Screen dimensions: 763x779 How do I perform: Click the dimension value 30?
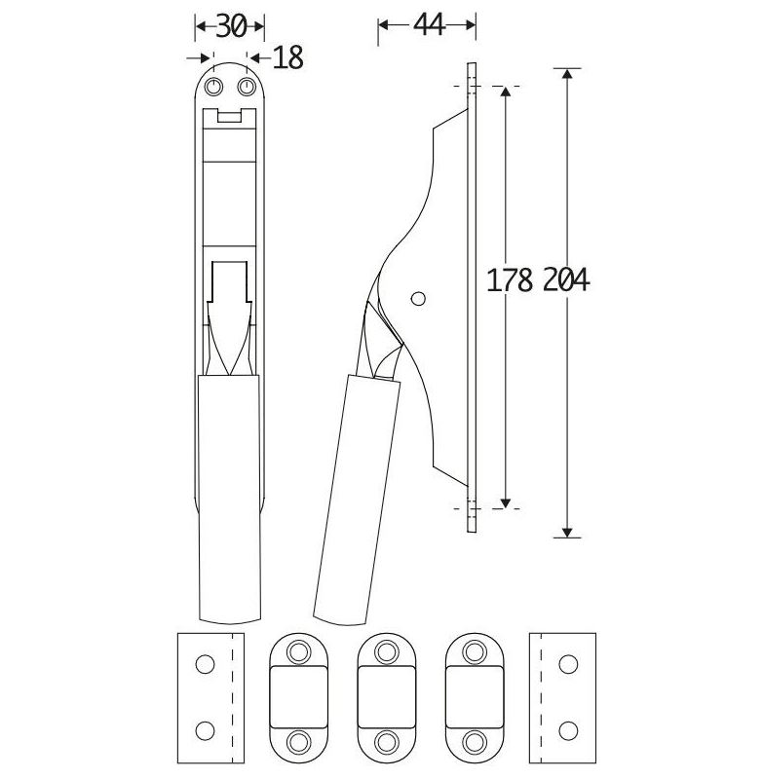pos(231,26)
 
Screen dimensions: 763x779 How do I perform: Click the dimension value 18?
pos(288,57)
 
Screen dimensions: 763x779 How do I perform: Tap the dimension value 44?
pos(429,25)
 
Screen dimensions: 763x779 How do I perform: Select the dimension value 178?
pos(510,279)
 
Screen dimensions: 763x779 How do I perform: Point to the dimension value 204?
pos(566,279)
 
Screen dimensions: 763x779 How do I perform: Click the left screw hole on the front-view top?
pos(213,87)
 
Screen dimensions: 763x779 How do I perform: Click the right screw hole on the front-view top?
pos(247,87)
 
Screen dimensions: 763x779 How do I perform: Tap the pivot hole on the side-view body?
pos(418,299)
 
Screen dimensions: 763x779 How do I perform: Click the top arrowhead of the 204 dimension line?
pos(567,73)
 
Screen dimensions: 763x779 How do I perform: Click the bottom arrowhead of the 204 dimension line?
pos(567,532)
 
